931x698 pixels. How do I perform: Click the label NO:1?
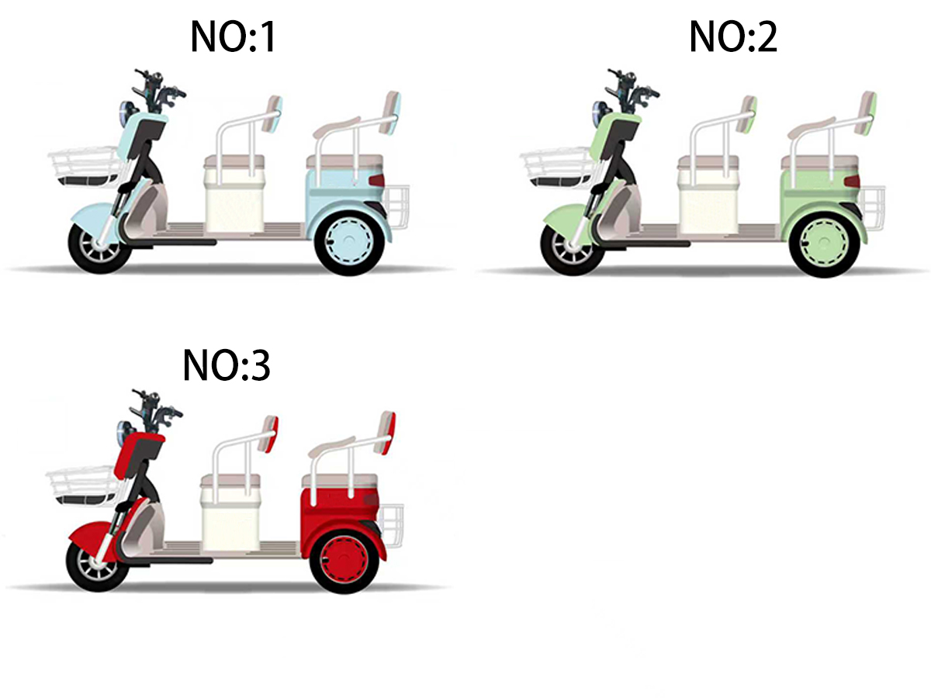[x=234, y=37]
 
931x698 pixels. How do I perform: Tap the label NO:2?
[x=733, y=37]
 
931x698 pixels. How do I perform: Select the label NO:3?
[x=227, y=366]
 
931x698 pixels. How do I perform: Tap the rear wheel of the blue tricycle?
[x=349, y=243]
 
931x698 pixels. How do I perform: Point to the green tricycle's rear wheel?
[x=824, y=244]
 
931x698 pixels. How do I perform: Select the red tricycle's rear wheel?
[x=344, y=560]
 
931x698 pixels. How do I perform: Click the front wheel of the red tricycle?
[x=98, y=565]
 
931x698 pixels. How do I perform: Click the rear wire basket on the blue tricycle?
[x=399, y=207]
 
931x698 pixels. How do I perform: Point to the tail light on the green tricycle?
[x=852, y=181]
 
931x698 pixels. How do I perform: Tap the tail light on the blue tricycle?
[x=376, y=181]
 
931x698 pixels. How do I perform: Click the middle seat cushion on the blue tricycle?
[x=234, y=161]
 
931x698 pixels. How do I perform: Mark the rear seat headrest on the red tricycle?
[x=387, y=432]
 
